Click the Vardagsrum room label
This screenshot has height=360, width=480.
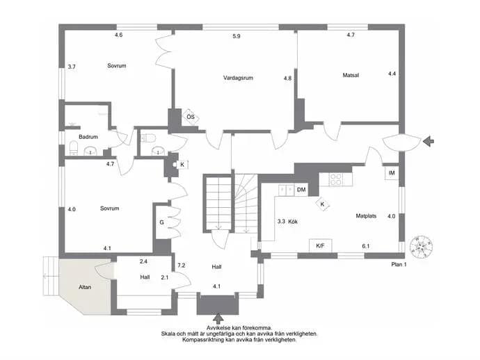(x=238, y=78)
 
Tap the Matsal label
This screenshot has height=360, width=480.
(x=351, y=75)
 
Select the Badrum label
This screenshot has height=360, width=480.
(x=88, y=137)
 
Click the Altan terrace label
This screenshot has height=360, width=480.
(x=85, y=287)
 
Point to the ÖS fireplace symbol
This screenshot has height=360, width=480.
(x=191, y=117)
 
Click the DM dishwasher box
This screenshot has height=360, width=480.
(x=301, y=190)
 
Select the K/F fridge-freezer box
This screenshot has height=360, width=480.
(x=320, y=245)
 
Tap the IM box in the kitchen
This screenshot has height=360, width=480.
(x=392, y=173)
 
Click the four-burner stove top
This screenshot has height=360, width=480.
(x=335, y=179)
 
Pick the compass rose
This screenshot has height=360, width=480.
(x=422, y=246)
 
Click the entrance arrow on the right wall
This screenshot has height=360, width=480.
(x=429, y=141)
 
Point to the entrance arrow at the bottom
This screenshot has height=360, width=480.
(x=218, y=319)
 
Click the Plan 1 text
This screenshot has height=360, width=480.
(x=399, y=265)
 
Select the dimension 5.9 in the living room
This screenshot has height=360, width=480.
(x=237, y=36)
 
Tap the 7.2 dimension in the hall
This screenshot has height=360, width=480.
(x=182, y=265)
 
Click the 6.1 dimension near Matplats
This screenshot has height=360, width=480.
(x=366, y=246)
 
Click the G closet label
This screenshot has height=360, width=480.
(x=161, y=222)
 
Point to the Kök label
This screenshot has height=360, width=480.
(x=293, y=222)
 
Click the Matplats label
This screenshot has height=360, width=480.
(x=366, y=215)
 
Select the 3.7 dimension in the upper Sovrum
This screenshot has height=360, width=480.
(x=72, y=67)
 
